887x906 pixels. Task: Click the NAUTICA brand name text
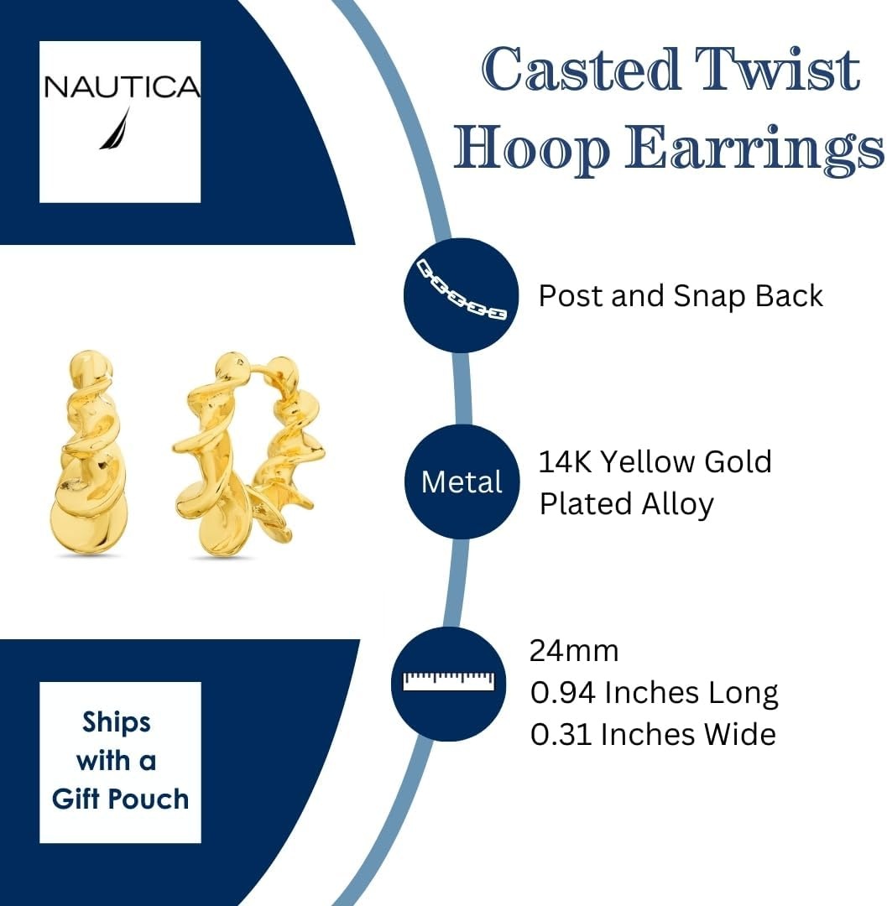tap(122, 86)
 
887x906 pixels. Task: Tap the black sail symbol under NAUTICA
tap(115, 128)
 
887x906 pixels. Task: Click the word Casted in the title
tap(580, 70)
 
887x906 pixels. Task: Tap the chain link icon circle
tap(462, 295)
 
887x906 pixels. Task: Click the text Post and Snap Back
tap(681, 296)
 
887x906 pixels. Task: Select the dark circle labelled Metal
tap(462, 482)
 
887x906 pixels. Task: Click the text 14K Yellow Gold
tap(655, 461)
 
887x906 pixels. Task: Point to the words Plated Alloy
tap(626, 504)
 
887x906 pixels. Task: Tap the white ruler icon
tap(449, 681)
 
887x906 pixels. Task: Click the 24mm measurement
tap(574, 651)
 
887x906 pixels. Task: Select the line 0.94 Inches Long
tap(654, 692)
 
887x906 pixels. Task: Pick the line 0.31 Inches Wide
tap(653, 734)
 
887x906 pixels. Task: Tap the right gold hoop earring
tap(248, 455)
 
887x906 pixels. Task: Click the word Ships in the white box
tap(117, 723)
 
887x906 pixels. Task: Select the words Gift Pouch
tap(120, 799)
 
